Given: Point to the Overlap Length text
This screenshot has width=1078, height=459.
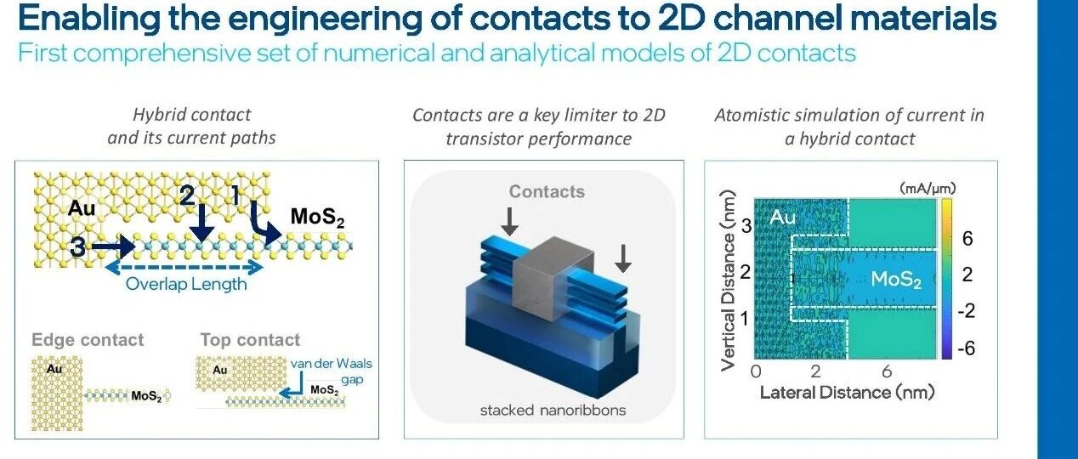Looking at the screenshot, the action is pyautogui.click(x=186, y=284).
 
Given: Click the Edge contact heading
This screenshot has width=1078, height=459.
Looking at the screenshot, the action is pyautogui.click(x=88, y=340).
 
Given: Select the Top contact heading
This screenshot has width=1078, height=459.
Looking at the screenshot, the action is pyautogui.click(x=250, y=340).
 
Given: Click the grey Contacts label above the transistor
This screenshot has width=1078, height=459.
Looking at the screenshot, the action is pyautogui.click(x=547, y=192).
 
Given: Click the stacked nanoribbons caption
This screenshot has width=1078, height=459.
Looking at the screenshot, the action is pyautogui.click(x=553, y=411).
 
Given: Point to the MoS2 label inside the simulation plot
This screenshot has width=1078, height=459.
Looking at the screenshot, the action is pyautogui.click(x=895, y=278).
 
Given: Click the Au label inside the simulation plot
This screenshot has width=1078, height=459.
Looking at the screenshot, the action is pyautogui.click(x=782, y=218).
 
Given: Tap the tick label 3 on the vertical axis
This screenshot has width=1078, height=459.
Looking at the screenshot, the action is pyautogui.click(x=746, y=226).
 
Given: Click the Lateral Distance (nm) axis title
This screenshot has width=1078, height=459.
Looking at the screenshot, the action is pyautogui.click(x=847, y=392).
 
